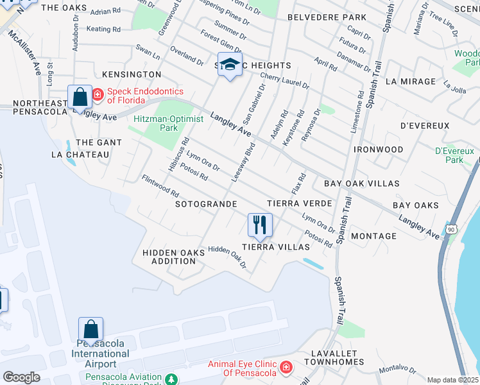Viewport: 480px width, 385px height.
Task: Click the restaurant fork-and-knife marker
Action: click(260, 225)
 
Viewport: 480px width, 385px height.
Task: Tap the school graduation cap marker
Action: click(230, 65)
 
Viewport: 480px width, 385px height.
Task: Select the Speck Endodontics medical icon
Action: click(98, 95)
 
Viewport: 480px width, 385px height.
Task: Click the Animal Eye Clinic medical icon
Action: click(286, 368)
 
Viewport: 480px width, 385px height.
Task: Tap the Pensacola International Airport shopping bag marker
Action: click(91, 329)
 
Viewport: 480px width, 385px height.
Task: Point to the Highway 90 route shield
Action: click(452, 229)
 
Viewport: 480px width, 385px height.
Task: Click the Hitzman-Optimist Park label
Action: click(169, 123)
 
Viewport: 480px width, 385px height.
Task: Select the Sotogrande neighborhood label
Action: click(206, 203)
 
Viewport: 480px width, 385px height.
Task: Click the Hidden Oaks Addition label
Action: click(173, 257)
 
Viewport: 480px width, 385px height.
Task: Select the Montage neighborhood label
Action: click(374, 236)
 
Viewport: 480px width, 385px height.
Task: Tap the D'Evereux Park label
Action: click(454, 155)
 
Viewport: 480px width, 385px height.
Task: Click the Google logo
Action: click(21, 377)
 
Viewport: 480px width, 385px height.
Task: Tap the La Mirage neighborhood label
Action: click(411, 81)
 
